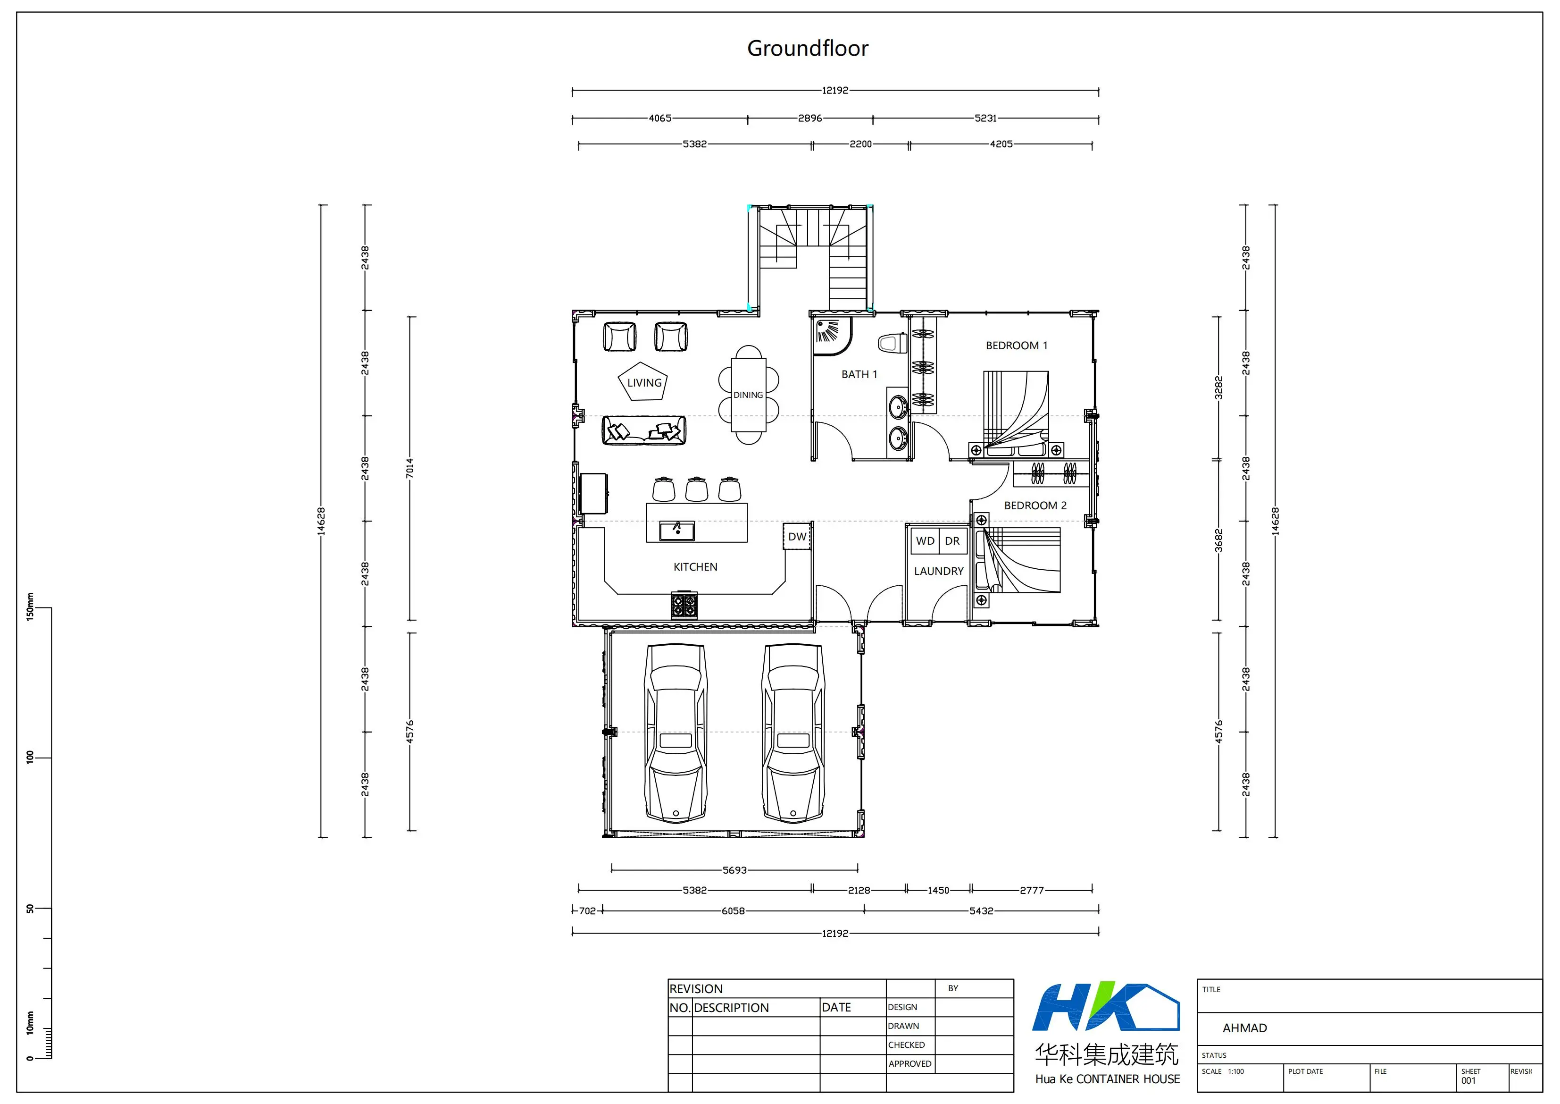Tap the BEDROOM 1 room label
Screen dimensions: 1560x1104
tap(1017, 346)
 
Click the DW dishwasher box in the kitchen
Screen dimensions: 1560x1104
tap(797, 536)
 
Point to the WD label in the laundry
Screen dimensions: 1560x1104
tap(925, 541)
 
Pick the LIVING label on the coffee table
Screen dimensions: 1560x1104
tap(644, 383)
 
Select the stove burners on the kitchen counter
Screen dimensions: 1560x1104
tap(684, 605)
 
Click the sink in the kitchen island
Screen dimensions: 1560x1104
tap(677, 531)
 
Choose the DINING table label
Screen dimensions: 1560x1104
tap(748, 395)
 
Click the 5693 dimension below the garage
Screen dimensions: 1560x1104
tap(734, 870)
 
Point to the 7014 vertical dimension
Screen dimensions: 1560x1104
tap(410, 468)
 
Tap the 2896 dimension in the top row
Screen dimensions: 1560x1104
tap(810, 118)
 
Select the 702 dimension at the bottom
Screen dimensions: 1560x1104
tap(587, 910)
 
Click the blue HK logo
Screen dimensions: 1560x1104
tap(1105, 1007)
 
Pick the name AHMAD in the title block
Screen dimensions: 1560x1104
tap(1245, 1028)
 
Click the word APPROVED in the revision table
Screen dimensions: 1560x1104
tap(910, 1064)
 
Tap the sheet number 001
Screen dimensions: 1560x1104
tap(1468, 1080)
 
